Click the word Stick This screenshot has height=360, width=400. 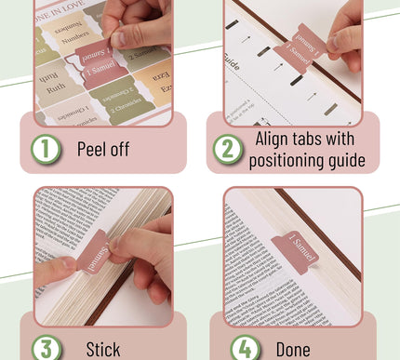103,350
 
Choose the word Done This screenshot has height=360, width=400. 293,350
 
